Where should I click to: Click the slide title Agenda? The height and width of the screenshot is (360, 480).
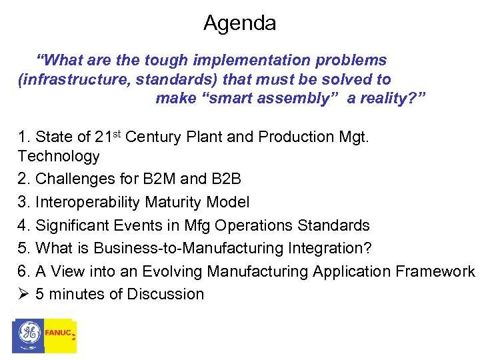point(239,23)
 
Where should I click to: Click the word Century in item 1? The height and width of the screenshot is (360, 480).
point(152,137)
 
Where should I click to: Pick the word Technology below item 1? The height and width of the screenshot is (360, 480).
point(59,157)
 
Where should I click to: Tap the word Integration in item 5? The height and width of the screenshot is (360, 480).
point(328,248)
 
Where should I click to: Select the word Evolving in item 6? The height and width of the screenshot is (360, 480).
point(171,271)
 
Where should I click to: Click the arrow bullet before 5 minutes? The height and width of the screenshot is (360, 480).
point(23,294)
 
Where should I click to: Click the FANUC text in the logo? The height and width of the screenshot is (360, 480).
point(57,332)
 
